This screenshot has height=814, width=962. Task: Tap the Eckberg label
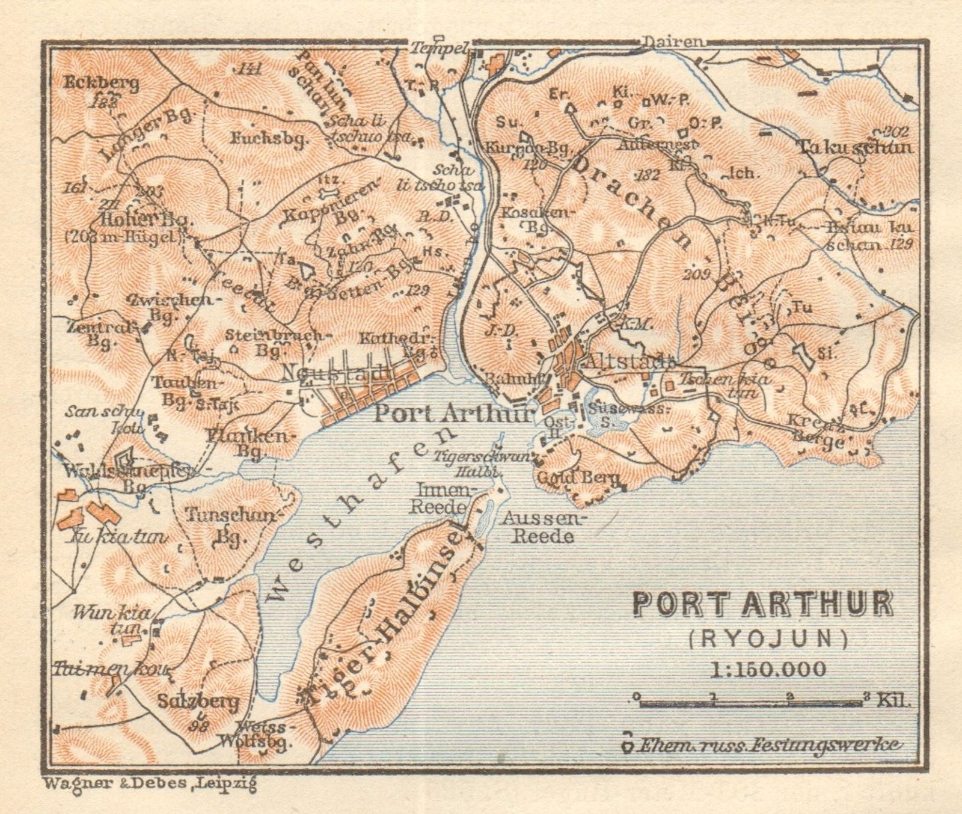[x=102, y=84]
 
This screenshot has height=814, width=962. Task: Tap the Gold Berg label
[x=569, y=479]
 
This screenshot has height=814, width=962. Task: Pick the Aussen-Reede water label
[x=545, y=527]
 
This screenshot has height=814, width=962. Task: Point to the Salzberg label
[x=199, y=702]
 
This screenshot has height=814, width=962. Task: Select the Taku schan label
[x=855, y=147]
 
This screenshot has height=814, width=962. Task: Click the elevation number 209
[x=697, y=275]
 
